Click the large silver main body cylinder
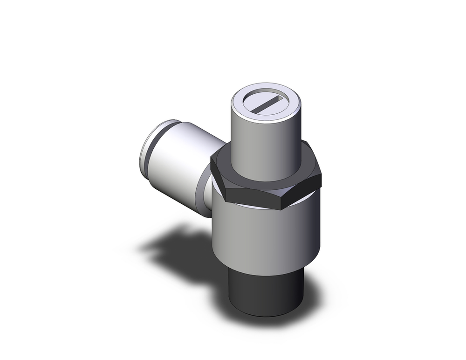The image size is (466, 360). (266, 233)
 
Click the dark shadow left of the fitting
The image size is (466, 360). (177, 247)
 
